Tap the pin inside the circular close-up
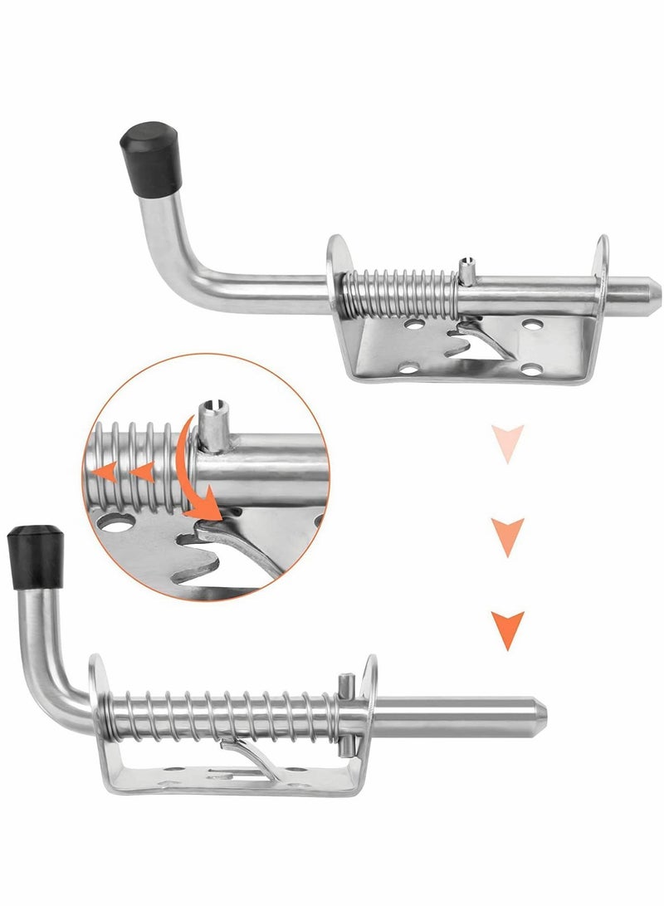point(212,424)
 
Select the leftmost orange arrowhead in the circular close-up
point(105,473)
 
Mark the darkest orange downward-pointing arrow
point(507,629)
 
